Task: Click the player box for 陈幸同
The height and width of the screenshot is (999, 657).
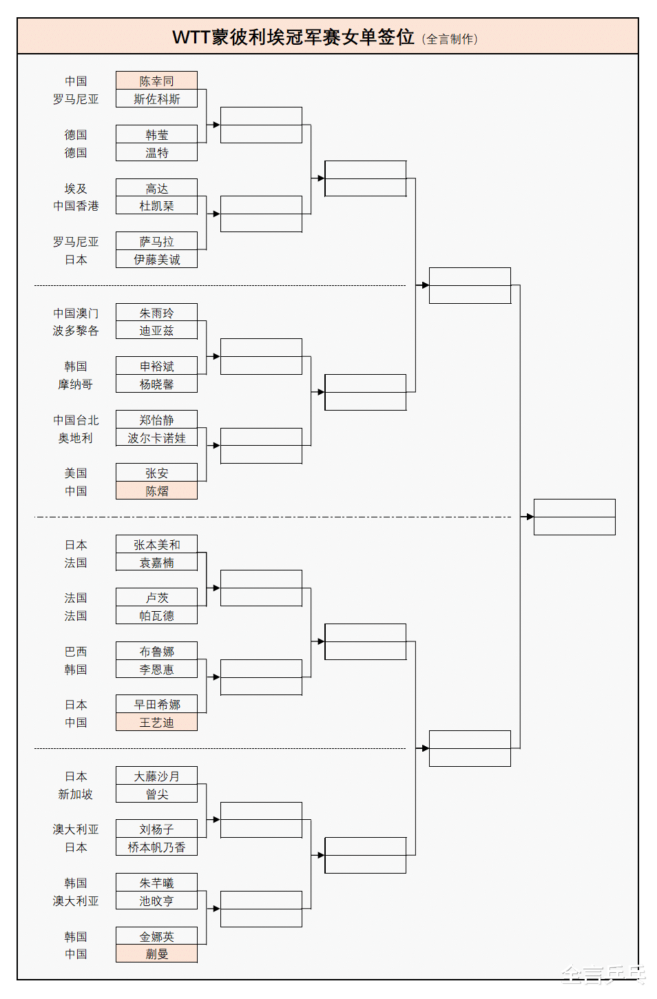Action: tap(156, 81)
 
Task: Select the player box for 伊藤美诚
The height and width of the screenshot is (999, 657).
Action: tap(156, 259)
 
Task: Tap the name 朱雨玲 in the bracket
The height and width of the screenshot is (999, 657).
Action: tap(156, 313)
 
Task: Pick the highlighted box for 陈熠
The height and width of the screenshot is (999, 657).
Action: tap(156, 491)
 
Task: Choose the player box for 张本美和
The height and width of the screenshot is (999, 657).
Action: tap(156, 544)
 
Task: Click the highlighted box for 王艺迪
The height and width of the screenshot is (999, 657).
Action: tap(156, 722)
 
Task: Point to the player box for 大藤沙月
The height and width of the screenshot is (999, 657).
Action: tap(156, 776)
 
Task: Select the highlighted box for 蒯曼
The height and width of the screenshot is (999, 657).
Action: tap(156, 954)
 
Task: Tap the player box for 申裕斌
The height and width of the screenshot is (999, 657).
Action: tap(156, 366)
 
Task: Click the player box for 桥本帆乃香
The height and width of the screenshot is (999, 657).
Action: tap(156, 847)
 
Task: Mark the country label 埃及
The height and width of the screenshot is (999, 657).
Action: tap(76, 188)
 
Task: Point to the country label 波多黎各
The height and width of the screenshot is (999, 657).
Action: tap(76, 331)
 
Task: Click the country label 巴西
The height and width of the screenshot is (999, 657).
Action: tap(76, 651)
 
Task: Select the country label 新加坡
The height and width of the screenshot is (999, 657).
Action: tap(76, 794)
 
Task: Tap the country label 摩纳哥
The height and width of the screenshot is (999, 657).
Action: tap(76, 384)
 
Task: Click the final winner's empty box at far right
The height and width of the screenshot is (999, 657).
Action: tap(574, 517)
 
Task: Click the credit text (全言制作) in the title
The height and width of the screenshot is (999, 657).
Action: tap(450, 39)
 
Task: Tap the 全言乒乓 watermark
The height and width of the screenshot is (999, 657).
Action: tap(603, 974)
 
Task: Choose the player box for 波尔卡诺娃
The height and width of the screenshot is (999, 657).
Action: tap(156, 437)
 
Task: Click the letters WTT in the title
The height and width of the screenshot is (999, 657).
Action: tap(191, 37)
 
